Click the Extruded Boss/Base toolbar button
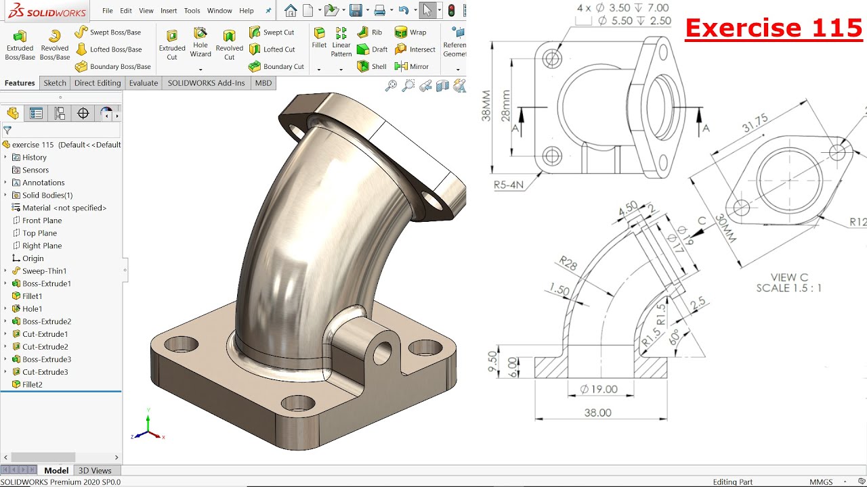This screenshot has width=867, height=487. pos(20,45)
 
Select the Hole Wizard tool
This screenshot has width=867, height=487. pos(200,42)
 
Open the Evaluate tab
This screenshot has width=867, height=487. pos(143,83)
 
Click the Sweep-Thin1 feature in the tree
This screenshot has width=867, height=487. pos(44,271)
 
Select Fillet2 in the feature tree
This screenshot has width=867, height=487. pos(32,384)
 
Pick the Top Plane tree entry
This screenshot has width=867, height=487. pos(39,233)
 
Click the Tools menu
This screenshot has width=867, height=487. pos(192,11)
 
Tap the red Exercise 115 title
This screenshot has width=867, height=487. pos(774,28)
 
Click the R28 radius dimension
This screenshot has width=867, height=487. pos(568,263)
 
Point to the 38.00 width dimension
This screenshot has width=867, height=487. pos(597,413)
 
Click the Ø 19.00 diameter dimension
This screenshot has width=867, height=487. pos(599,389)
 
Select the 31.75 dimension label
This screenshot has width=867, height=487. pos(755,123)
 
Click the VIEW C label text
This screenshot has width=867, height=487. pos(789,277)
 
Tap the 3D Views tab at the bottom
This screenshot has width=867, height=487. pos(95,471)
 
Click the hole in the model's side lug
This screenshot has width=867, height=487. pos(382,352)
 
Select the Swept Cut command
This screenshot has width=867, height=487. pos(272,32)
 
